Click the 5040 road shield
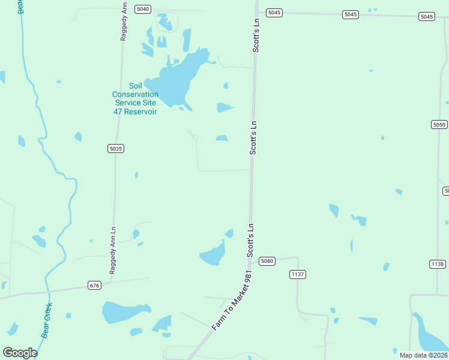(143, 9)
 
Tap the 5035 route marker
(116, 148)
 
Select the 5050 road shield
(439, 124)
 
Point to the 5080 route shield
(267, 261)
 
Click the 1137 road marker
(298, 274)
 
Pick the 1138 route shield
(438, 264)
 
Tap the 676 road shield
(94, 285)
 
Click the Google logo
(20, 353)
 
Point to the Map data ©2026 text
(423, 355)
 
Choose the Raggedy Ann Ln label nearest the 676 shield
(112, 251)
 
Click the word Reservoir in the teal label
(141, 112)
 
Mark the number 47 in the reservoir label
(118, 112)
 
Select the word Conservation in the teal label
(135, 94)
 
